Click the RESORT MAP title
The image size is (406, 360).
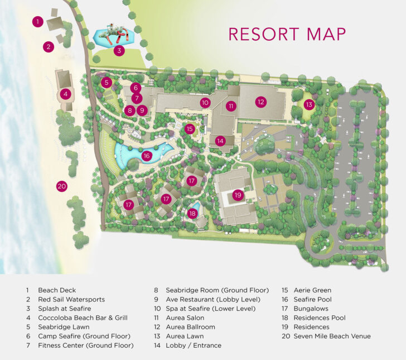(x=287, y=33)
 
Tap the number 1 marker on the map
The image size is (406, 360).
(x=37, y=22)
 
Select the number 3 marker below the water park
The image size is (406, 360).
(x=118, y=51)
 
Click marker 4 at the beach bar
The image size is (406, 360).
(x=65, y=94)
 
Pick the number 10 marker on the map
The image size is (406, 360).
(x=205, y=103)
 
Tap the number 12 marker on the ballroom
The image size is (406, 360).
(x=260, y=102)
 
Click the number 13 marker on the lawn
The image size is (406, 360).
(x=309, y=104)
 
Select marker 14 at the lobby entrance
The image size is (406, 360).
(x=220, y=141)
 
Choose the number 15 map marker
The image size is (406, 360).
(x=190, y=129)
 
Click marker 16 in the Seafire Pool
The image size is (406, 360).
(x=147, y=156)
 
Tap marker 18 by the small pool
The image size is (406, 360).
(x=193, y=213)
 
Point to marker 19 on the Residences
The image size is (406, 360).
(x=238, y=195)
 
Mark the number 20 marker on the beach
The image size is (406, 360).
(x=62, y=186)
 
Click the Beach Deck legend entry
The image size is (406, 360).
(x=56, y=290)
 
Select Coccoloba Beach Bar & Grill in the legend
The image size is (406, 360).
(x=83, y=318)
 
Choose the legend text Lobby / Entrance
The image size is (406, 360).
(x=193, y=345)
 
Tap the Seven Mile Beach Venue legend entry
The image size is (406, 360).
(x=332, y=337)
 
